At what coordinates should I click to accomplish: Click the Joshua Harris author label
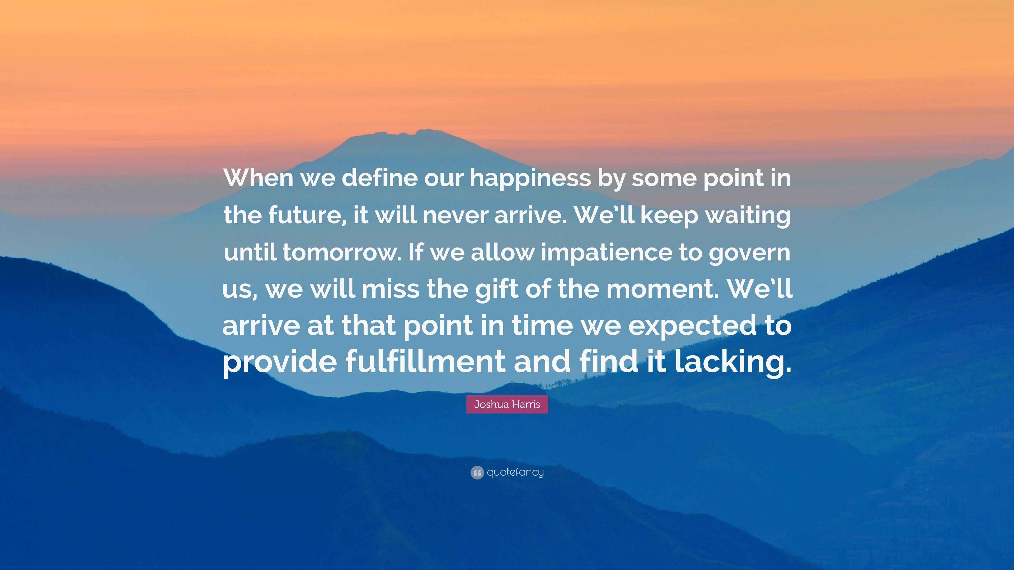pyautogui.click(x=507, y=404)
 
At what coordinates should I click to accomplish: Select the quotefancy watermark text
pyautogui.click(x=515, y=472)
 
